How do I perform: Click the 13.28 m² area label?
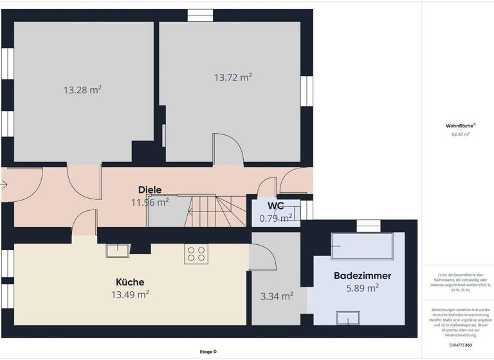(82, 90)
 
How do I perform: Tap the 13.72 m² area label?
(233, 77)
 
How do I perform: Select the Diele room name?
(150, 190)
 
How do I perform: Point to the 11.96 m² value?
(150, 202)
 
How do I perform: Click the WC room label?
(276, 206)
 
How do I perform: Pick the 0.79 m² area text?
(276, 218)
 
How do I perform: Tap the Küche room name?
(130, 282)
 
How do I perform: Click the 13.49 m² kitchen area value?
(130, 294)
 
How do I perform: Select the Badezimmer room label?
(362, 276)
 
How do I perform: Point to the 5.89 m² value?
(362, 288)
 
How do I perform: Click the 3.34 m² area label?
(276, 296)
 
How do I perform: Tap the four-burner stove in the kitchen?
(196, 255)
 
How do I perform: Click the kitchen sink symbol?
(116, 251)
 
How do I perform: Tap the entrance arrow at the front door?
(5, 185)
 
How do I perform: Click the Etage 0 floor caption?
(208, 352)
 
